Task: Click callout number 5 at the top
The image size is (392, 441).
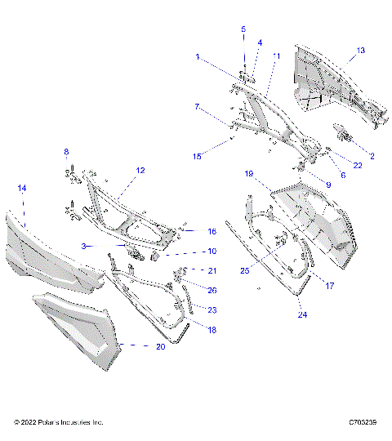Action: [x=243, y=29]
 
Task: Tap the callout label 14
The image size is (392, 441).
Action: [x=22, y=189]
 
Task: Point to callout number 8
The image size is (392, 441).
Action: [x=67, y=152]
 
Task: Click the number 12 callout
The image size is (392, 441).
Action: [x=140, y=171]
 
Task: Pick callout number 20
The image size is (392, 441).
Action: [x=159, y=346]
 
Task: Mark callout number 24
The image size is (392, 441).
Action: [x=301, y=314]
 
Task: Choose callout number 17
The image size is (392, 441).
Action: [x=331, y=285]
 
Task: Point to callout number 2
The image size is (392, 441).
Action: [x=372, y=156]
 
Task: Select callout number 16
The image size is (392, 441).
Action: [x=212, y=232]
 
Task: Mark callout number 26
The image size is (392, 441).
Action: [x=212, y=290]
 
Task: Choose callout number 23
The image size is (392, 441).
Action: [x=212, y=310]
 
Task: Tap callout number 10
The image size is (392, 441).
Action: [x=212, y=252]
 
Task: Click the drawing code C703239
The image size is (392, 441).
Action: [x=362, y=423]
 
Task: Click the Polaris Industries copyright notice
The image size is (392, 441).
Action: [x=59, y=423]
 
